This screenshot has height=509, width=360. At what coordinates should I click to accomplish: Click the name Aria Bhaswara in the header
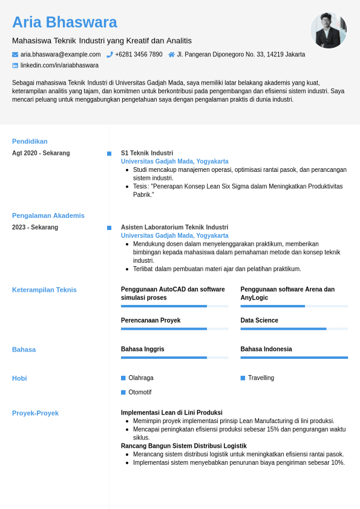coord(65,22)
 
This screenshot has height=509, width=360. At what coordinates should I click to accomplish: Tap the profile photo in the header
coord(329,30)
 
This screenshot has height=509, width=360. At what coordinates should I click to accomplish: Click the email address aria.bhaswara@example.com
coord(61,54)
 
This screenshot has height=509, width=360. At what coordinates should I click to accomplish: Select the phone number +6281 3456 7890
coord(139,54)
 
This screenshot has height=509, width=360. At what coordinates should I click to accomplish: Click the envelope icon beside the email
coord(15,54)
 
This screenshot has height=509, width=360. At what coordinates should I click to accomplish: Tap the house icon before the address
coord(171,54)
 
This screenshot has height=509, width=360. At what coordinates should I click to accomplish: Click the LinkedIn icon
coord(15,65)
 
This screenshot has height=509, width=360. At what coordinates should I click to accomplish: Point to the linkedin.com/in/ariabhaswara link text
coord(59,65)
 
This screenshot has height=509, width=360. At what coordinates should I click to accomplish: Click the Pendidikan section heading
coord(30,142)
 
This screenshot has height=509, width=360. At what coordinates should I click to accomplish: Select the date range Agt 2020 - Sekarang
coord(41,153)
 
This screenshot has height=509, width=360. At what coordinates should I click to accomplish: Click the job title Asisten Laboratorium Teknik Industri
coord(174,227)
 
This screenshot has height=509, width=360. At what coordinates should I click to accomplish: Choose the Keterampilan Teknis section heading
coord(44,290)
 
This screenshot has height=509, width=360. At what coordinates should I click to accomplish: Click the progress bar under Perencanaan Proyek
coord(174,329)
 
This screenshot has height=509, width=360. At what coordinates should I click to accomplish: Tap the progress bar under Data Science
coord(294,329)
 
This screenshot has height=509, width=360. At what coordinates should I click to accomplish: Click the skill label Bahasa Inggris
coord(143,349)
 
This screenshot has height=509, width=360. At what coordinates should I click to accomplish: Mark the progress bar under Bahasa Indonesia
coord(294,358)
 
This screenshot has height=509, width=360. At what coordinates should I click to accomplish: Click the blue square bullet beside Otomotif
coord(123,392)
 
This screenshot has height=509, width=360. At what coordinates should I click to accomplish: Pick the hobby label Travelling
coord(261,378)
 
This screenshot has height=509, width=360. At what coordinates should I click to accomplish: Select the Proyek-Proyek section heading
coord(35,413)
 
